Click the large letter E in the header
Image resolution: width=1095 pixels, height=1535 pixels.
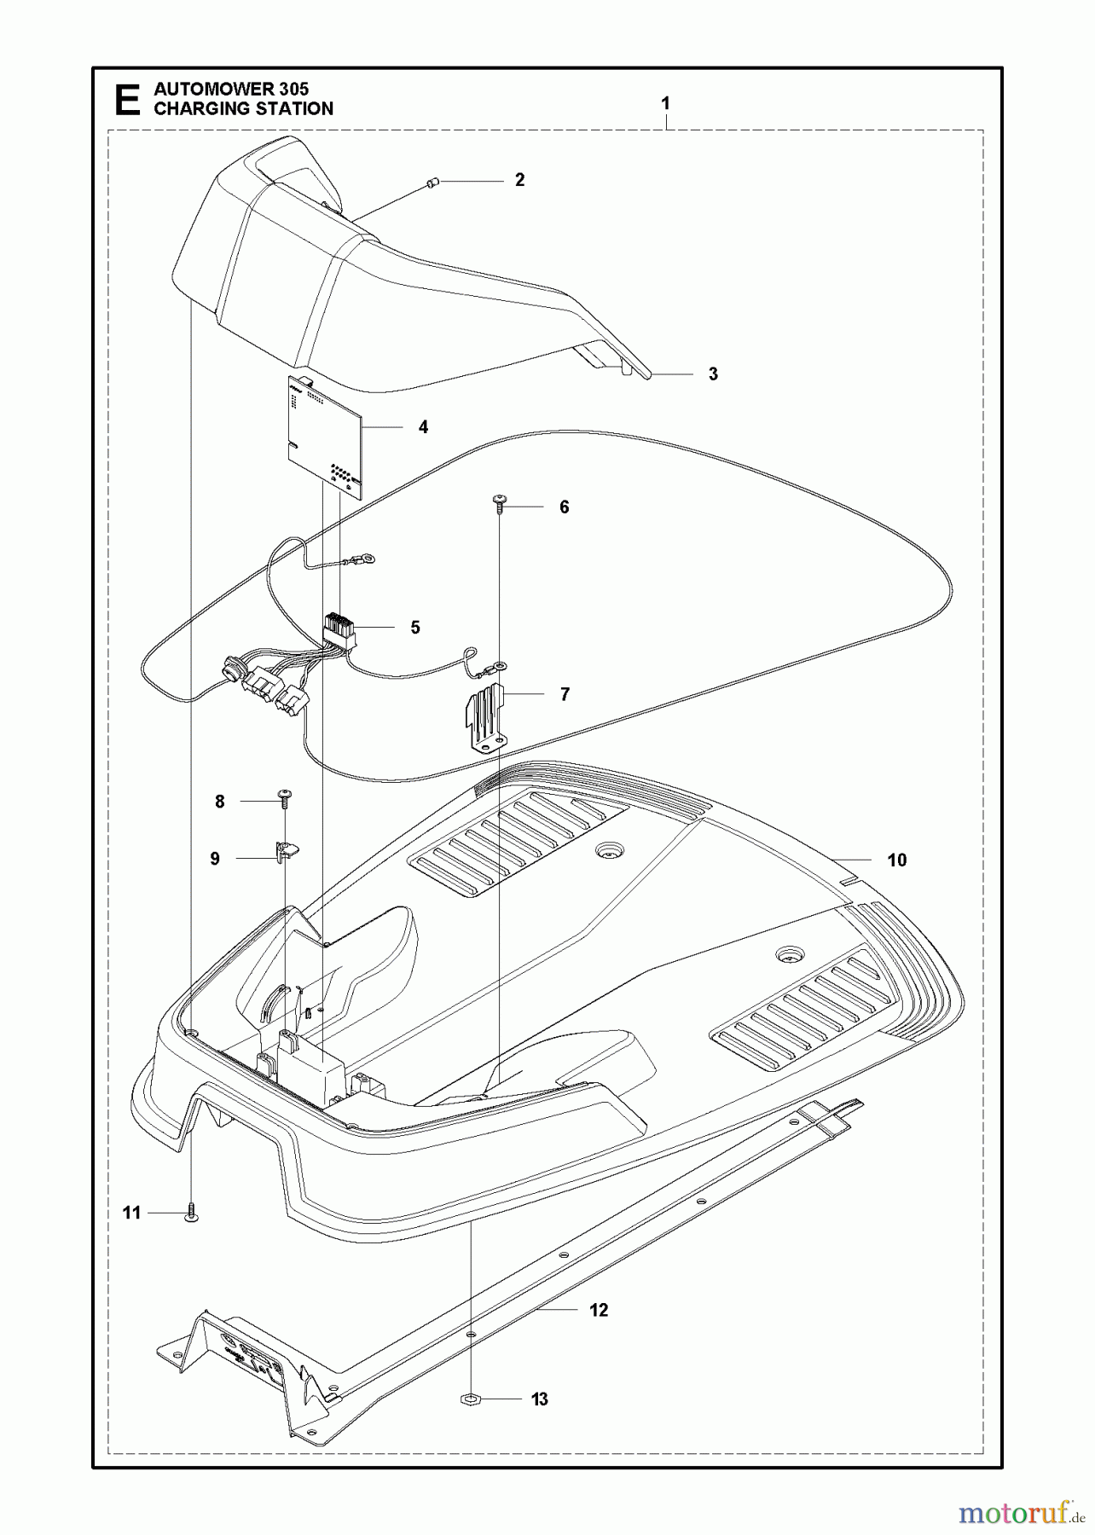click(x=128, y=99)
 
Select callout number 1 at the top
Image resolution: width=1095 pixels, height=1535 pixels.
click(x=665, y=103)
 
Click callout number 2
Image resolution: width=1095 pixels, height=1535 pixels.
click(x=519, y=180)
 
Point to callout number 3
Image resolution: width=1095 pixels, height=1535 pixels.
click(x=713, y=374)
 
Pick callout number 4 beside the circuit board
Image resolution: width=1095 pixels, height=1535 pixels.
click(x=423, y=427)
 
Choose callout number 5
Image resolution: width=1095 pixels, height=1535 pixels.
click(x=415, y=628)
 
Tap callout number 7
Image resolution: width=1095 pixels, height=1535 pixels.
click(x=565, y=694)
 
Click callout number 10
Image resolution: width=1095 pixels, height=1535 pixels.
click(x=896, y=860)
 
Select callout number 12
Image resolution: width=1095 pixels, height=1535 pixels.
click(x=599, y=1310)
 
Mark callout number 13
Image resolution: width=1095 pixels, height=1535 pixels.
click(x=540, y=1399)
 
